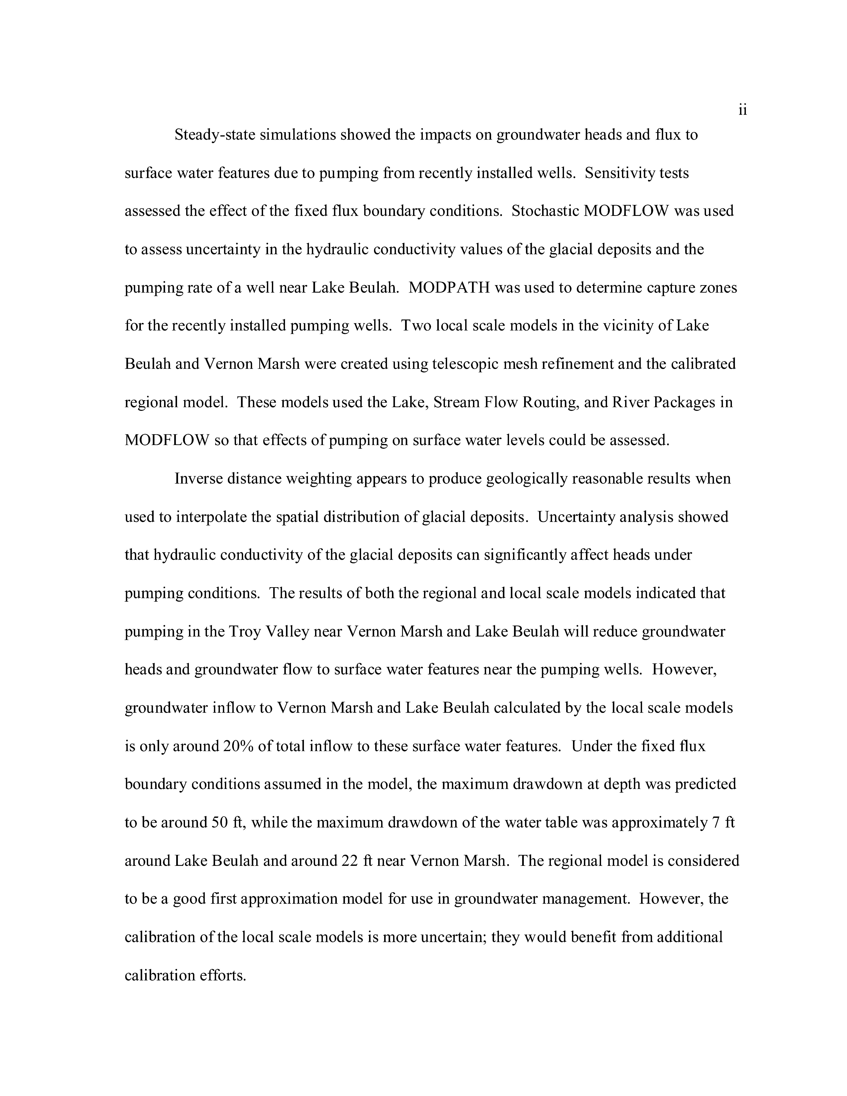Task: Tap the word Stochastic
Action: (x=545, y=211)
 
